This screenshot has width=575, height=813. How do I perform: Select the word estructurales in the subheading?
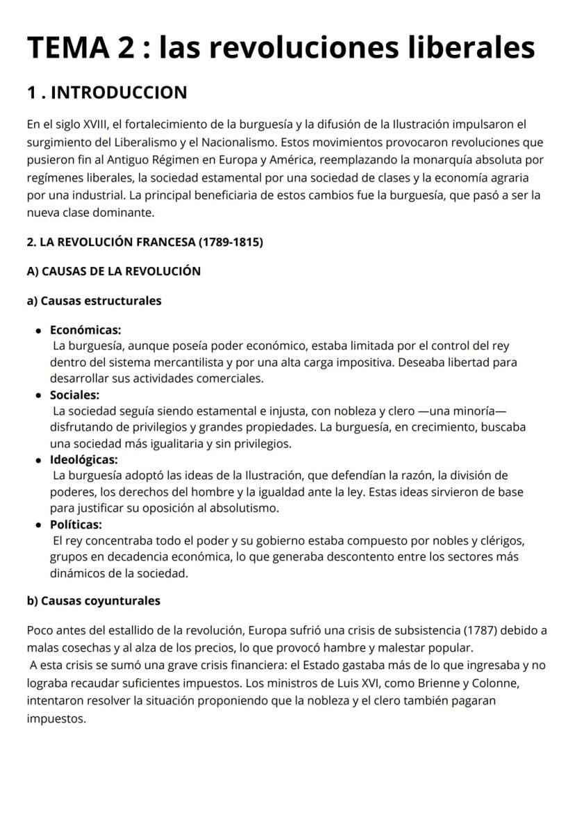[x=123, y=301]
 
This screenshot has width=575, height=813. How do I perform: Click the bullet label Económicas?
[x=85, y=330]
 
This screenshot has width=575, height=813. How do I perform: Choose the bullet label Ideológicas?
[x=83, y=459]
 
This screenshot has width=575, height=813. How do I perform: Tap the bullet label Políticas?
[x=76, y=524]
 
